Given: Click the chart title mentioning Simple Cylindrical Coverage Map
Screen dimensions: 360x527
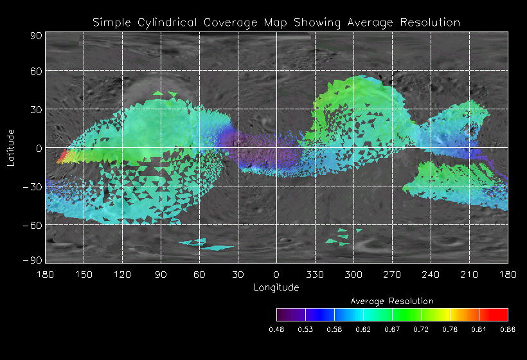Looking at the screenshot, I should pyautogui.click(x=276, y=22).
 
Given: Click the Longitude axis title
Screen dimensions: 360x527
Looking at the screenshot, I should pyautogui.click(x=276, y=287).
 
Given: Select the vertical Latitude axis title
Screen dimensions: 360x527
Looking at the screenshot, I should pyautogui.click(x=11, y=147).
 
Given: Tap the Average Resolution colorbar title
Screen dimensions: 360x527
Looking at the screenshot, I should pyautogui.click(x=392, y=301).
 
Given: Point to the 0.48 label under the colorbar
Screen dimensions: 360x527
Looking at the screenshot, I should pyautogui.click(x=276, y=329).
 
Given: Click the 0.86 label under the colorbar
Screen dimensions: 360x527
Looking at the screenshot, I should pyautogui.click(x=508, y=329).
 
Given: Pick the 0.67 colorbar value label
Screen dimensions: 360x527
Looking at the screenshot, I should pyautogui.click(x=392, y=329).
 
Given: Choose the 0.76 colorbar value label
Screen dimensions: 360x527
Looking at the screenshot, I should pyautogui.click(x=450, y=329).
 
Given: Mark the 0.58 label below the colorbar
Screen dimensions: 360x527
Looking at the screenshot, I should pyautogui.click(x=334, y=329).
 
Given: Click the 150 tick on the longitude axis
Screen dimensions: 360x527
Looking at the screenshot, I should pyautogui.click(x=84, y=274).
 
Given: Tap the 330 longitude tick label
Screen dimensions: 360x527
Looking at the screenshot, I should pyautogui.click(x=315, y=274).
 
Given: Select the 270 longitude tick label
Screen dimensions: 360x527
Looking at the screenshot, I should pyautogui.click(x=392, y=274).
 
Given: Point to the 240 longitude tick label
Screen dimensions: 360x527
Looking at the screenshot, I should pyautogui.click(x=431, y=274).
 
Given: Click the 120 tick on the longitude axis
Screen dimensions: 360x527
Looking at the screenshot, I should pyautogui.click(x=122, y=274).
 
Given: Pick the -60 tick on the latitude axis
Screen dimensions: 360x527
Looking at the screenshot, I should pyautogui.click(x=33, y=225).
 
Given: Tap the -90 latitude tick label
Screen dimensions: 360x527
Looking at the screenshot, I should pyautogui.click(x=33, y=260).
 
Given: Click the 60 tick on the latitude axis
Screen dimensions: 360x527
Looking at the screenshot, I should pyautogui.click(x=36, y=71).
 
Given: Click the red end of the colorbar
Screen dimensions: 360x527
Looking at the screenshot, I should pyautogui.click(x=501, y=314).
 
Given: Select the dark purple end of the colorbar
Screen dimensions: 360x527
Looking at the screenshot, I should pyautogui.click(x=283, y=314).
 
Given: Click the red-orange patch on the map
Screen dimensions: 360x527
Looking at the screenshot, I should pyautogui.click(x=63, y=157).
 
